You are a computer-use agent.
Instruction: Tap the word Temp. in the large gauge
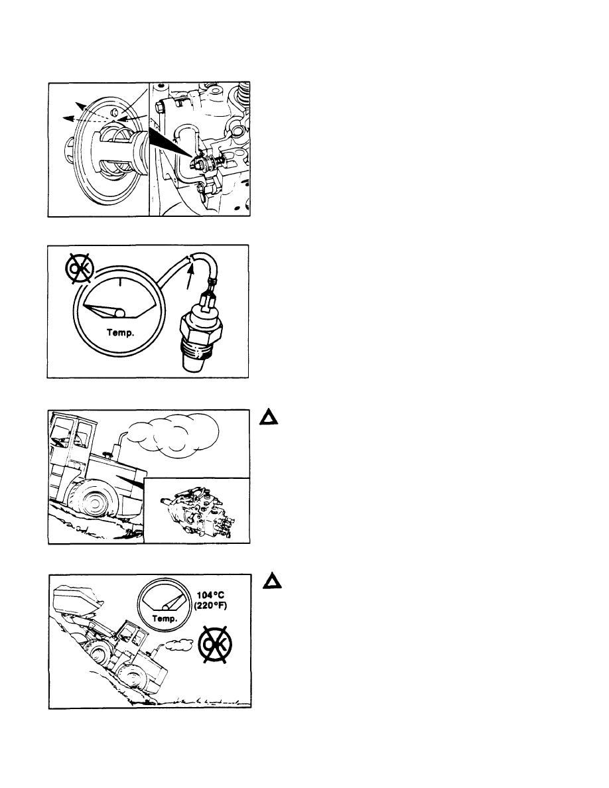(x=121, y=333)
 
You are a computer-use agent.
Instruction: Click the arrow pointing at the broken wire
(x=189, y=277)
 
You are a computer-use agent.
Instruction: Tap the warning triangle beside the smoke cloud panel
(x=269, y=417)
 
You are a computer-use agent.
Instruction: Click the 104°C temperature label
(x=210, y=596)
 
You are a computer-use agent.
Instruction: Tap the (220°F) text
(x=210, y=606)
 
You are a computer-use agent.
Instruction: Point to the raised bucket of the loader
(x=78, y=600)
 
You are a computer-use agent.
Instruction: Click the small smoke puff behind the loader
(x=179, y=644)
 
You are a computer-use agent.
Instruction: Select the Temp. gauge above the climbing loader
(x=165, y=604)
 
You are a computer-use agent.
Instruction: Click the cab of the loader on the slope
(x=131, y=635)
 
